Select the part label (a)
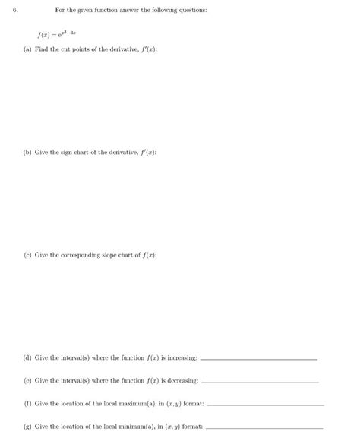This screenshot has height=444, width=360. (x=28, y=49)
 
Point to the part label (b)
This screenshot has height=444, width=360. (x=28, y=152)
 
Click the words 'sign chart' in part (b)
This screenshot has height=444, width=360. (x=81, y=152)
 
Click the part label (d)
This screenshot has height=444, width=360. (x=28, y=357)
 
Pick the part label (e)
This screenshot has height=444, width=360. (x=28, y=380)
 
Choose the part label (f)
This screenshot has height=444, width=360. (x=28, y=403)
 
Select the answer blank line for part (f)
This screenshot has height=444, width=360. (x=265, y=405)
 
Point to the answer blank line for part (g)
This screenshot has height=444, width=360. (x=265, y=429)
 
